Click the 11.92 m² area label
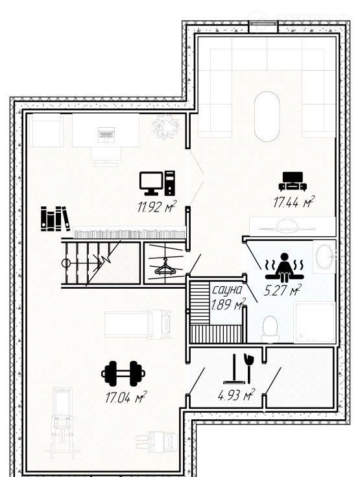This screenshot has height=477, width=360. (156, 206)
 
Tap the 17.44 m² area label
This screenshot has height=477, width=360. (294, 202)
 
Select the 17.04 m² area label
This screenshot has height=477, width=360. (126, 397)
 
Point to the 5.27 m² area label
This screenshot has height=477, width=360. (282, 290)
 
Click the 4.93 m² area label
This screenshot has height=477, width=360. (236, 395)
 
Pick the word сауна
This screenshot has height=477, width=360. (227, 290)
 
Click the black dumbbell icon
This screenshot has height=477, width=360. (123, 373)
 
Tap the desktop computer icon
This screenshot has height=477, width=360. (157, 183)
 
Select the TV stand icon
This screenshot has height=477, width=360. (293, 181)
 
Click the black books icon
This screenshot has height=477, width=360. (55, 219)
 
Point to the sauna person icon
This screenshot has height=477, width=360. (285, 267)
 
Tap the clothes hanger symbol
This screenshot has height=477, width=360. (165, 267)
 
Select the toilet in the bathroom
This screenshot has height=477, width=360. (270, 330)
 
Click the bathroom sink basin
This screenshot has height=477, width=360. (324, 256)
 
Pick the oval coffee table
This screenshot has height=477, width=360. (267, 117)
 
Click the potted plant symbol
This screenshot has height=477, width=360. (166, 127)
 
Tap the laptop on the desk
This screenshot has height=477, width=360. (106, 135)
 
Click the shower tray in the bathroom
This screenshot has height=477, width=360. (315, 322)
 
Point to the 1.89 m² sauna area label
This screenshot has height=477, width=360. (228, 304)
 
